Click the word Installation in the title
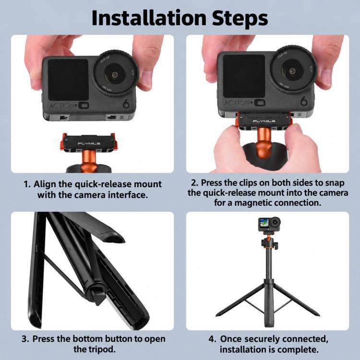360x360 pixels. click(148, 18)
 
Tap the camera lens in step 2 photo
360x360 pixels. click(293, 71)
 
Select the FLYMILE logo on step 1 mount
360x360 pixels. click(89, 144)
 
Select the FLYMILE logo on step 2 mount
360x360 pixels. click(264, 121)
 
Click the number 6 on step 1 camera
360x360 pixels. click(126, 104)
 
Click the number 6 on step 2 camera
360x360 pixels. click(304, 101)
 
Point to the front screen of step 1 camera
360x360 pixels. click(68, 79)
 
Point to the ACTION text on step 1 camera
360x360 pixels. click(61, 106)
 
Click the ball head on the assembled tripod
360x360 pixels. click(269, 242)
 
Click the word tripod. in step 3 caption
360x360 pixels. click(95, 349)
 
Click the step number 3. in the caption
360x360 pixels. click(25, 339)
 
